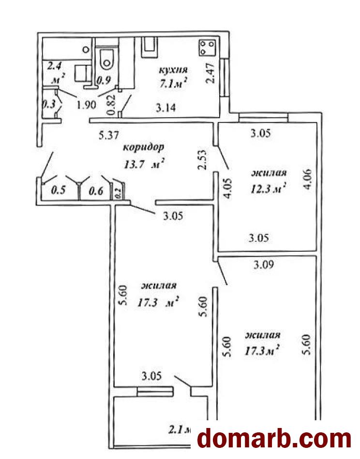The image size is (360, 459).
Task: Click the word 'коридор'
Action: [x=143, y=147]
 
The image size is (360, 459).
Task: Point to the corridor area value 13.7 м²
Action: [x=143, y=165]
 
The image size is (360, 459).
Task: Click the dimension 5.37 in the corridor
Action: [x=109, y=136]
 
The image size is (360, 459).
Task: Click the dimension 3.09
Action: [x=264, y=265]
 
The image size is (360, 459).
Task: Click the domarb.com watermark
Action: [x=275, y=439]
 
